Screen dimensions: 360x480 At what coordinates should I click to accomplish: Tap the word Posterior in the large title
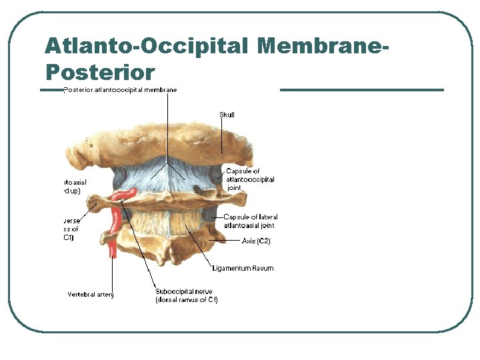tap(100, 71)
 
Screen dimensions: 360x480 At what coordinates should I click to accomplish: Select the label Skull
tap(227, 115)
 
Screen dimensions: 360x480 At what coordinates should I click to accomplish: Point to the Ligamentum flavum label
tap(243, 268)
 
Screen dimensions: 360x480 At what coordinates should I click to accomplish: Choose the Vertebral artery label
tap(91, 294)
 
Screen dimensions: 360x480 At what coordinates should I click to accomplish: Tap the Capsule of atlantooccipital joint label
tap(250, 179)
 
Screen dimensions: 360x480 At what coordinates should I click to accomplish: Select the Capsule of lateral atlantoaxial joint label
tap(251, 221)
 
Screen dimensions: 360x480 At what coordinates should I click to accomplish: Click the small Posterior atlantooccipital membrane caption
tap(120, 90)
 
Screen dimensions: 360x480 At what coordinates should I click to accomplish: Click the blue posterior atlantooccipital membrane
tap(167, 177)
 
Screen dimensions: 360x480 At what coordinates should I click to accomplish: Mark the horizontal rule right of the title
tap(361, 90)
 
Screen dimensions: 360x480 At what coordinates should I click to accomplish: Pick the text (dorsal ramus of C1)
tap(186, 300)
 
